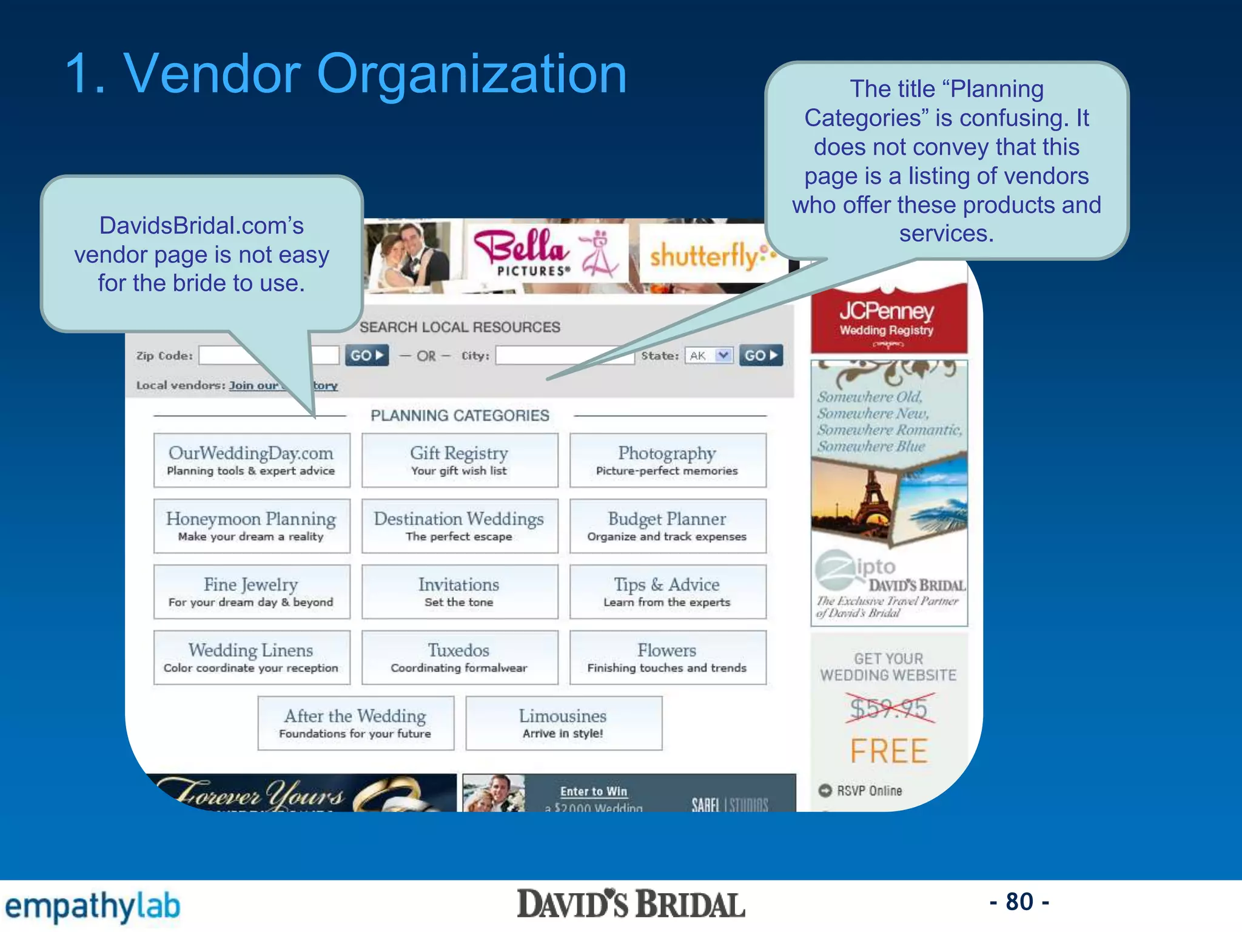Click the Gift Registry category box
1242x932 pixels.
click(460, 460)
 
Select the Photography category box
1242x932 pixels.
click(668, 460)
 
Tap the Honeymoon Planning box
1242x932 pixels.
click(252, 526)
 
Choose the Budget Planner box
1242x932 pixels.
click(668, 526)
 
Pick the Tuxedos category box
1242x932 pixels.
click(460, 657)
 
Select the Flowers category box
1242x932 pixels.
click(668, 657)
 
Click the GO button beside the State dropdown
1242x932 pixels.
click(760, 356)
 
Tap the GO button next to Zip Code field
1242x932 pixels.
click(366, 356)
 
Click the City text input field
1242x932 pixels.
click(564, 356)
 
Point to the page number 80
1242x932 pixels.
click(1019, 902)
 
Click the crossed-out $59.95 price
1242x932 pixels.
click(888, 709)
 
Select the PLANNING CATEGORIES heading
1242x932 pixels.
click(460, 416)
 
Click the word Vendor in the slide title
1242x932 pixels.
click(212, 74)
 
